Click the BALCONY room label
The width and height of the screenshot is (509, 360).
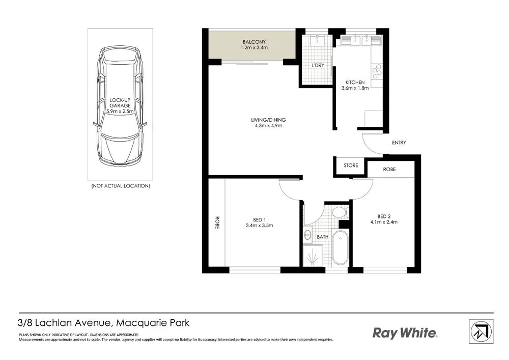pyautogui.click(x=253, y=42)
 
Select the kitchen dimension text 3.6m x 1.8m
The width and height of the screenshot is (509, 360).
pyautogui.click(x=355, y=89)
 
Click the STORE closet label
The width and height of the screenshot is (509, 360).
pyautogui.click(x=351, y=165)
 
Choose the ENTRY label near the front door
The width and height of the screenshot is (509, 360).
pyautogui.click(x=399, y=143)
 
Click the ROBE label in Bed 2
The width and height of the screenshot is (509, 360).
pyautogui.click(x=389, y=169)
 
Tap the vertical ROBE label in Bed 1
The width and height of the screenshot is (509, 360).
pyautogui.click(x=217, y=223)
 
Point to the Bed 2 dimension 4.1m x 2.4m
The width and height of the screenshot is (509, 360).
pyautogui.click(x=384, y=221)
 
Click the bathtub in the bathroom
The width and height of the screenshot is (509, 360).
pyautogui.click(x=339, y=247)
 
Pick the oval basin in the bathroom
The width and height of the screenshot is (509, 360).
pyautogui.click(x=307, y=235)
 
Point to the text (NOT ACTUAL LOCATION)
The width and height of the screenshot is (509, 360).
pyautogui.click(x=120, y=186)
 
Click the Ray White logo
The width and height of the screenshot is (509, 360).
pyautogui.click(x=405, y=334)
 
